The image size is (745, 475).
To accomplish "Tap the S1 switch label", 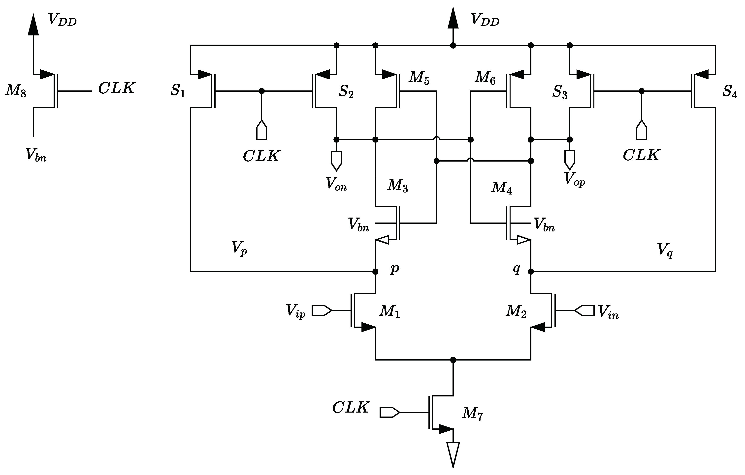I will tap(178, 91).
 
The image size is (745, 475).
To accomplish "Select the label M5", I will tap(419, 78).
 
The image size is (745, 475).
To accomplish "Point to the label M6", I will tap(485, 78).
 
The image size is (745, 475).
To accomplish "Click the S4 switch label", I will tap(730, 91).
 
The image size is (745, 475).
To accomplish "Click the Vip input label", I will tap(295, 311).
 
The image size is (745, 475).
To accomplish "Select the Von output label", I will tap(336, 184).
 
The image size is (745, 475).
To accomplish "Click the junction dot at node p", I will tap(375, 272).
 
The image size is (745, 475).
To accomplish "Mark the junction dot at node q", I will tap(531, 272).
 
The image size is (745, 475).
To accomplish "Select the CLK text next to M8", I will tap(116, 88).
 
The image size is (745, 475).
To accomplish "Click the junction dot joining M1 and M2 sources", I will tap(453, 360).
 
